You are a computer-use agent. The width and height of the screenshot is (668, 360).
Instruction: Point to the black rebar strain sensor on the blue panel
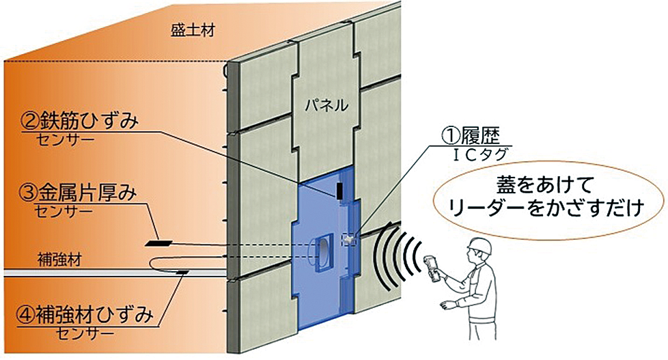[339, 191]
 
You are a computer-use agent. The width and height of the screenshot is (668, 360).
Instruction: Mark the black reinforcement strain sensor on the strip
[182, 273]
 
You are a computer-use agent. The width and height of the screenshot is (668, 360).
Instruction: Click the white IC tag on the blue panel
[350, 238]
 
